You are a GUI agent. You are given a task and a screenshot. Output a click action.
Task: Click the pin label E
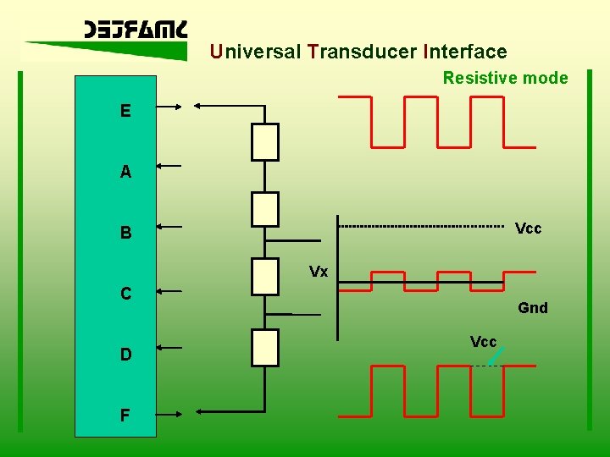coord(125,111)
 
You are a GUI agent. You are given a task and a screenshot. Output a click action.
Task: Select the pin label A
coord(125,172)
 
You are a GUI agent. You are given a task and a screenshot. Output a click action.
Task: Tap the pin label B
coord(125,233)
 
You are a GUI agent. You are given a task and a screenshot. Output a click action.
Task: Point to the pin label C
coord(125,294)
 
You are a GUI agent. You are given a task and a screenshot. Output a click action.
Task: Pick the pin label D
coord(125,355)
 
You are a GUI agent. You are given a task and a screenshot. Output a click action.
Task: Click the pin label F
coord(125,416)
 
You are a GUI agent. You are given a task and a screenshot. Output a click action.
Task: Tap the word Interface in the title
coord(464,52)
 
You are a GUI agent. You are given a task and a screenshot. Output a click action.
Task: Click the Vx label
coord(319,272)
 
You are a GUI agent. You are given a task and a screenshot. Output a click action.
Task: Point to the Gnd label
coord(533,308)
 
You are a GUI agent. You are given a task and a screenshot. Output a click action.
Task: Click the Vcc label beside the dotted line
coord(529,228)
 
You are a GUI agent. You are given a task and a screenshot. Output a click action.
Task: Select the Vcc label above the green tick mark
coord(483,341)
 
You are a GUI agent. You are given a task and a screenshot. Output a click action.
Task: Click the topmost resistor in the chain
coord(265,141)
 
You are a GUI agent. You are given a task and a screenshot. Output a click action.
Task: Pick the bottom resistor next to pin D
coord(265,347)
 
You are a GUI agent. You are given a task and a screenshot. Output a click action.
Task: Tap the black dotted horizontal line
coord(419,227)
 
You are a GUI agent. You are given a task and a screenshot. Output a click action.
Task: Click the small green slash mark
coord(496,355)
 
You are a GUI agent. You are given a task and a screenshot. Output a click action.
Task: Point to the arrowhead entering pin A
coord(162,167)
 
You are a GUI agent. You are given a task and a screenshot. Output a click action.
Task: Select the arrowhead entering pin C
coord(162,290)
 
